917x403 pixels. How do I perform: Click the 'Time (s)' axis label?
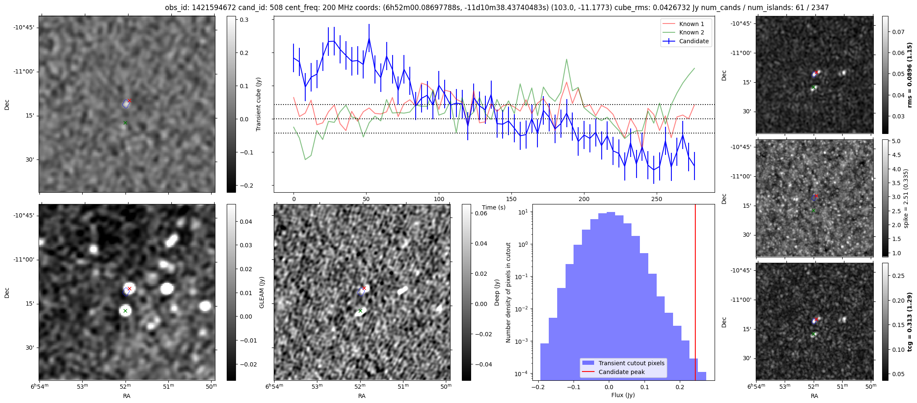pyautogui.click(x=494, y=207)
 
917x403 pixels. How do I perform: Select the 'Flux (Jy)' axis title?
pyautogui.click(x=623, y=395)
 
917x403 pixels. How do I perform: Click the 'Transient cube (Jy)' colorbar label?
pyautogui.click(x=259, y=104)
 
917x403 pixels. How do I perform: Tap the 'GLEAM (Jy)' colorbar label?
pyautogui.click(x=262, y=292)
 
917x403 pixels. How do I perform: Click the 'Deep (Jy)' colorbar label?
pyautogui.click(x=497, y=292)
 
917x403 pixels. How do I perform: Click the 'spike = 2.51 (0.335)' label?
pyautogui.click(x=906, y=198)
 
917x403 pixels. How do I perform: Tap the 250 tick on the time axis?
pyautogui.click(x=656, y=199)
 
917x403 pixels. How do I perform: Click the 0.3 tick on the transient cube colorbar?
pyautogui.click(x=244, y=20)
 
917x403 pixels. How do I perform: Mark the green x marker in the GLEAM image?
pyautogui.click(x=125, y=311)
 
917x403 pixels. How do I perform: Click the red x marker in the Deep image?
pyautogui.click(x=364, y=288)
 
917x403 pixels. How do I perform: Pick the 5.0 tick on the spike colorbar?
pyautogui.click(x=896, y=141)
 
